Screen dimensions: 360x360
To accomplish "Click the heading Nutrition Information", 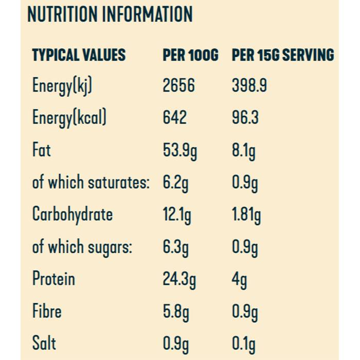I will coord(110,15).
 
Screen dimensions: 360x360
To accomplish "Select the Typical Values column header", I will coord(79,55).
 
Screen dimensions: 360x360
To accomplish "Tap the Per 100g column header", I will coord(190,55).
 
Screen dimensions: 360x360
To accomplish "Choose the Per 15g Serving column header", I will coord(283,55).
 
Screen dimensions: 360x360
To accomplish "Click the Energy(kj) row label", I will coord(62,86).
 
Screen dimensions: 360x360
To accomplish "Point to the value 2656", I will coord(178,85).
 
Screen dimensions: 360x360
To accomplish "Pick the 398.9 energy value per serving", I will coord(249,85).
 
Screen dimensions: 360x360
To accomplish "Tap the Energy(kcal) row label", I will coord(69,118).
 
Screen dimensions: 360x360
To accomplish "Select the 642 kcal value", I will coord(175,118).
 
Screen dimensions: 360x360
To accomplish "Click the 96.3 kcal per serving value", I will coord(245,118).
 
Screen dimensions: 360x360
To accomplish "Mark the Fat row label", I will coord(42,150).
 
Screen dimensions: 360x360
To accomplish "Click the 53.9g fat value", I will coord(180,151).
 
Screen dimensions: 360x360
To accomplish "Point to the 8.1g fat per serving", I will coord(244,151).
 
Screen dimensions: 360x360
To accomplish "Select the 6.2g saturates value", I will coord(175,183).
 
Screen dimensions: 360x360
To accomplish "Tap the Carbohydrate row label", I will coord(73,214).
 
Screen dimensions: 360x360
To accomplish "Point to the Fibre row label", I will coord(47,311).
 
